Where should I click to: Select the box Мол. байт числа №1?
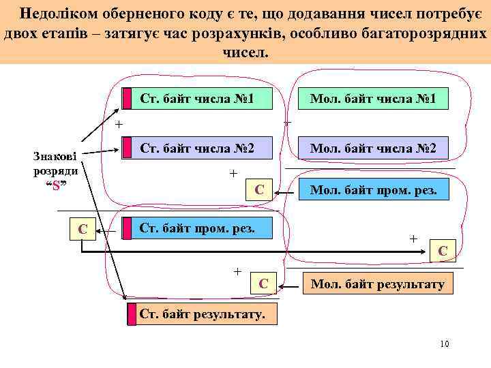tap(373, 99)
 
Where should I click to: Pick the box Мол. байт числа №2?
tap(373, 148)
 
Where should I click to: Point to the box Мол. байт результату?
tap(377, 283)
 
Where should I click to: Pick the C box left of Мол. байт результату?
tap(263, 283)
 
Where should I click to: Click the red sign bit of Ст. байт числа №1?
tap(127, 99)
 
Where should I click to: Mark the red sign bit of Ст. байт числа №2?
tap(127, 148)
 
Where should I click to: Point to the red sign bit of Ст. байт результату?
tap(132, 313)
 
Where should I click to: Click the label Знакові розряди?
tap(56, 164)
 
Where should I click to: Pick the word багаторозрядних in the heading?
tap(429, 34)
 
